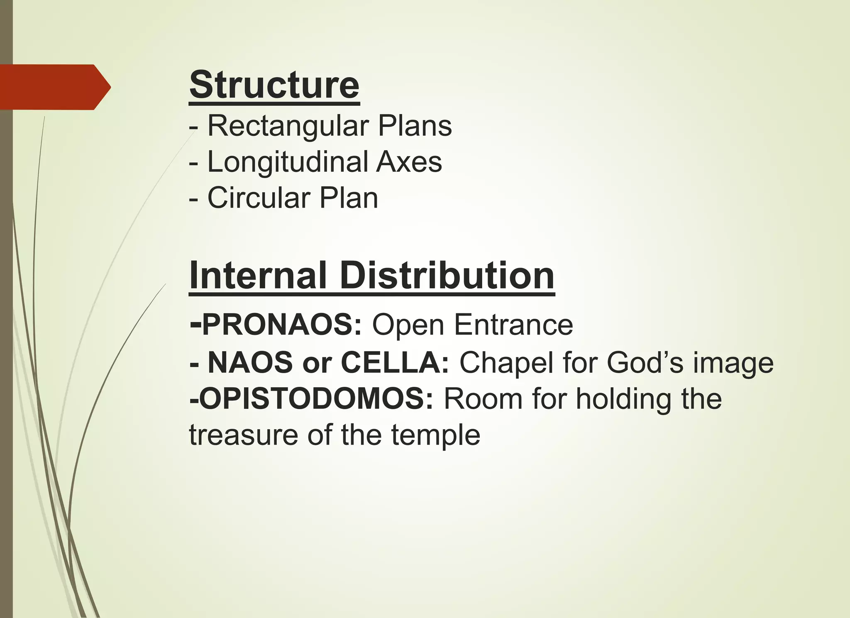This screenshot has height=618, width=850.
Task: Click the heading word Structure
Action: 274,85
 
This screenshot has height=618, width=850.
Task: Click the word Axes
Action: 409,161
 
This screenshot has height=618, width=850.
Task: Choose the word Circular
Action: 259,198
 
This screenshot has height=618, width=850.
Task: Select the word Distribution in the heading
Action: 447,276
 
